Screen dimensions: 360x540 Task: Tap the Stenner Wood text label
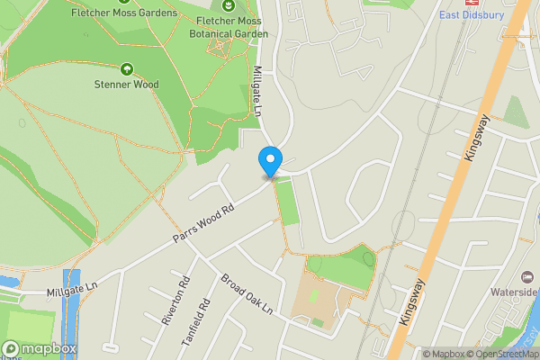tap(127, 85)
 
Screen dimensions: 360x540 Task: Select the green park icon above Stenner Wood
tap(126, 68)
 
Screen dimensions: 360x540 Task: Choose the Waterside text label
tap(514, 292)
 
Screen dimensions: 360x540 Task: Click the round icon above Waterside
tap(527, 274)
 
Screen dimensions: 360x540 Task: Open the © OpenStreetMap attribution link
tap(502, 355)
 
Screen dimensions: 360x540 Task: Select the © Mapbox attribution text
tap(441, 355)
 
